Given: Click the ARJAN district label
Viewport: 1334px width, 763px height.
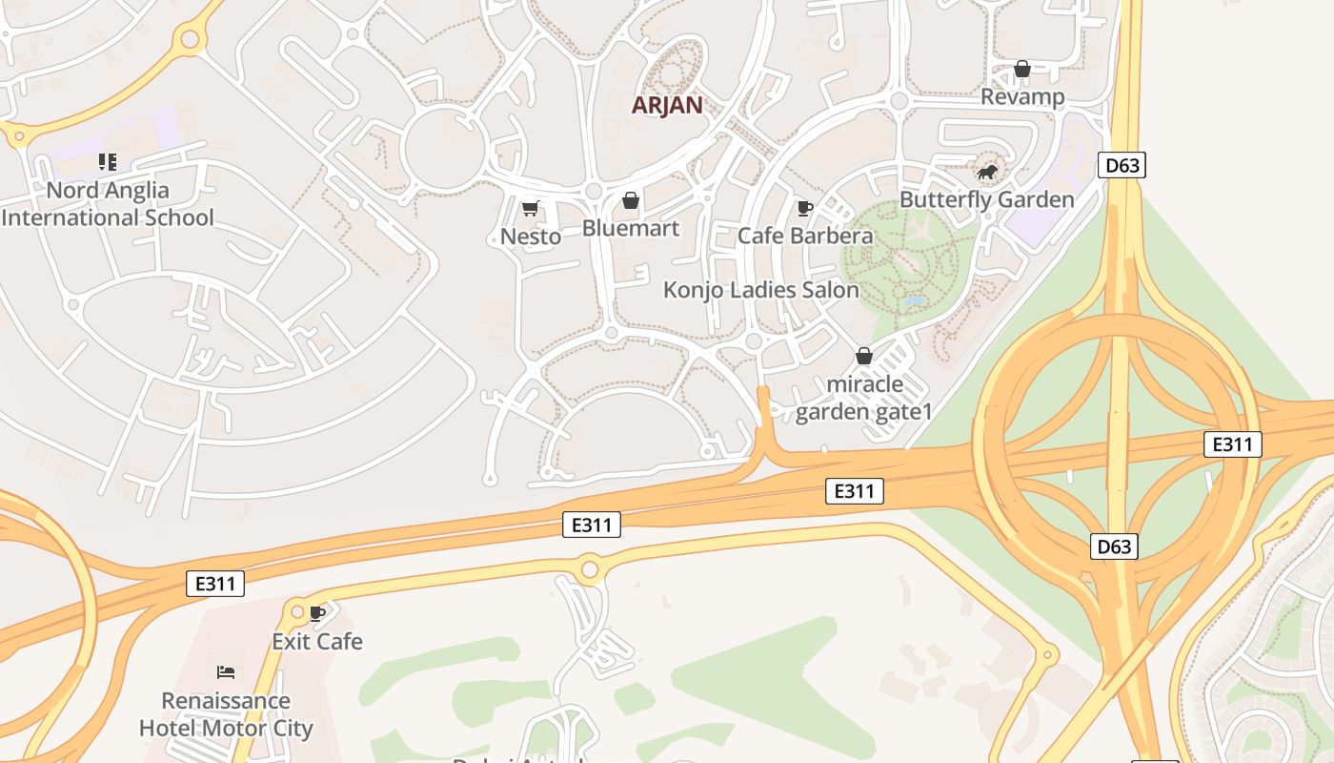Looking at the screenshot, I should pos(667,105).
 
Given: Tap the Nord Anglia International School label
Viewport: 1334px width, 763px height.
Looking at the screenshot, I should pos(108,204).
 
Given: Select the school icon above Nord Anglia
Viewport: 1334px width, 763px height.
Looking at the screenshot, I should pos(108,162).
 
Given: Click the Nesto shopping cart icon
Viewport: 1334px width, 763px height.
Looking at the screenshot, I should pos(531,208).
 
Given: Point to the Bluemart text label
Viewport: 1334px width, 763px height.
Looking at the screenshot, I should pos(631,228).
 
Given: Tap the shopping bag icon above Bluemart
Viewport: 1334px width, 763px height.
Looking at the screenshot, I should pos(630,200).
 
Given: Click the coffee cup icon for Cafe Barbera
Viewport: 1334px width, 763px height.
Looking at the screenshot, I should pos(805,208).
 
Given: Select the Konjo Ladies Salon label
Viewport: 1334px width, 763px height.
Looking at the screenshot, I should pos(761,290).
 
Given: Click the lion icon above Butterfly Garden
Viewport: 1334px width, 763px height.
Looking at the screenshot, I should pos(987,173).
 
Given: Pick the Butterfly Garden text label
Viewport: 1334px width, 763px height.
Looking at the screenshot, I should pos(987,199).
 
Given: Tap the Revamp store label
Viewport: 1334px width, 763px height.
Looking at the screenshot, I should pos(1022,96).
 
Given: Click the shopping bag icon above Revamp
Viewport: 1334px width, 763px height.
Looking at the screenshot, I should pos(1022,69).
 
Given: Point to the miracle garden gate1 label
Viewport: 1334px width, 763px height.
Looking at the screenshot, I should pos(864,398).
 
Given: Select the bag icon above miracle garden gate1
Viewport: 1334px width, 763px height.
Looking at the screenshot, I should pos(864,356).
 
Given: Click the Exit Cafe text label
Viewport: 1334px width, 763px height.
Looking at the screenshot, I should pos(317,641).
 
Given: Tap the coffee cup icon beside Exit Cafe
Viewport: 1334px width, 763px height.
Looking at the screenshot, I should pos(318,612).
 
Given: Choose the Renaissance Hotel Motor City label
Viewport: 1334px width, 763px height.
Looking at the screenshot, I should pos(226,714).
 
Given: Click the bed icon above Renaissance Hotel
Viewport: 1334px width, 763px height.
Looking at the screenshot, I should pos(226,672).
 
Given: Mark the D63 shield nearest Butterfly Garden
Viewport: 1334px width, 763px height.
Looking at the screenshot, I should pos(1122,165).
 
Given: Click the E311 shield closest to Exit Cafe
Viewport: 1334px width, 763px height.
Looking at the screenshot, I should pos(215,584).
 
